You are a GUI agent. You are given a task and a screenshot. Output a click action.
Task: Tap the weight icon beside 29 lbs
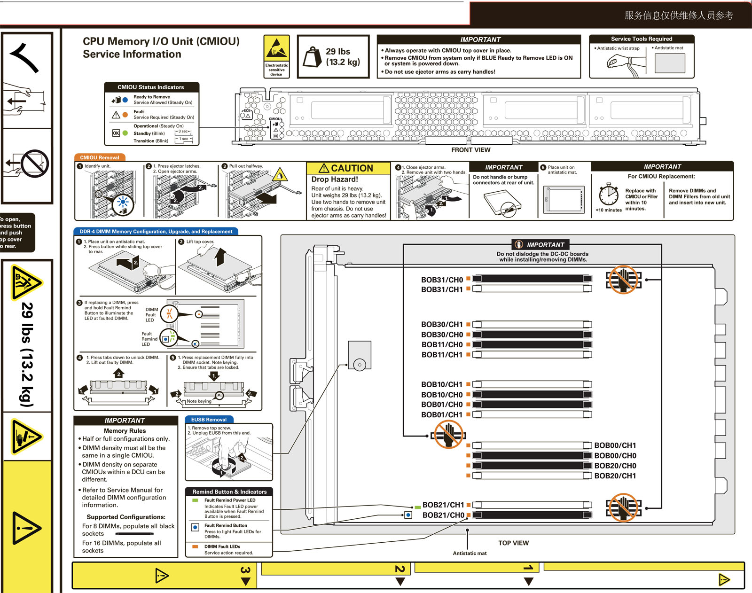[312, 57]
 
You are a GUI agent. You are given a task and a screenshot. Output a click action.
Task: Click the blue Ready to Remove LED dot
[125, 100]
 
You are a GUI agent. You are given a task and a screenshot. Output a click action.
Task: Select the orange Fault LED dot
[125, 115]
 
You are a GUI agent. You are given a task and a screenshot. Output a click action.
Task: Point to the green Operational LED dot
[125, 133]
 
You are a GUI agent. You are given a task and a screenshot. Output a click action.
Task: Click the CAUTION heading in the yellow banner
[348, 168]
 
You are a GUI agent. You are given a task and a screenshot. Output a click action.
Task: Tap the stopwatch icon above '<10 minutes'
[609, 194]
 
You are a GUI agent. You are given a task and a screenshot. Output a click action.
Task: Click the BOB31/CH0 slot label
[442, 280]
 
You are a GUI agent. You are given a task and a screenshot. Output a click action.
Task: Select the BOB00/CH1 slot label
[615, 445]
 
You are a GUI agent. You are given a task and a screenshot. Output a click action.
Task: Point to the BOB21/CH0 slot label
[443, 515]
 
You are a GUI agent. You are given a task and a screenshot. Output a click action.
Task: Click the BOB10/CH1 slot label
[442, 384]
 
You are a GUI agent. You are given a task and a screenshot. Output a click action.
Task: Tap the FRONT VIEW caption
[470, 150]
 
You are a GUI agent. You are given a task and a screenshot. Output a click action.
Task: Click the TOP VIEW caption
[513, 543]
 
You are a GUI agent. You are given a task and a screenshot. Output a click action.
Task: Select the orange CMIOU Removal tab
[99, 157]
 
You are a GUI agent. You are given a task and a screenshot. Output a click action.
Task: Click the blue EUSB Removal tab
[209, 420]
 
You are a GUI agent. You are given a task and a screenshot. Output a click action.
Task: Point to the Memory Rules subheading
[125, 430]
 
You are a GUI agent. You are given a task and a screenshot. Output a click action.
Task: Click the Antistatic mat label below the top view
[470, 553]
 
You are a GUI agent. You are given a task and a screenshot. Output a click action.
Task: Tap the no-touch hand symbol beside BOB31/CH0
[623, 279]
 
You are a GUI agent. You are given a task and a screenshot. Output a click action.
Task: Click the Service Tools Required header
[641, 39]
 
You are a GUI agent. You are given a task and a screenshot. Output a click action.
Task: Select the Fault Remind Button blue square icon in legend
[195, 527]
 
